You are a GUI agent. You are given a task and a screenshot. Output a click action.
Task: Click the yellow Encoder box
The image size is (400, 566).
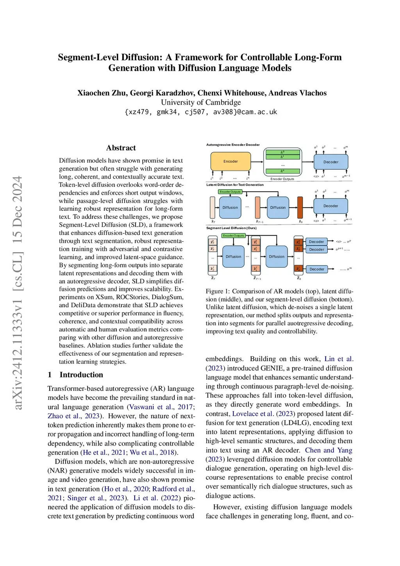point(230,161)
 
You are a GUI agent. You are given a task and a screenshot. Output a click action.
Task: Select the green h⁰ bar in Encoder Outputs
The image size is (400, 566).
point(282,152)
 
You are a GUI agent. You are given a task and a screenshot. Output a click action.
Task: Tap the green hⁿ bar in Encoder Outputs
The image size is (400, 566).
point(282,171)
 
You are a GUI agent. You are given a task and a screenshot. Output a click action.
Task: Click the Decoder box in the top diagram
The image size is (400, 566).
point(330,162)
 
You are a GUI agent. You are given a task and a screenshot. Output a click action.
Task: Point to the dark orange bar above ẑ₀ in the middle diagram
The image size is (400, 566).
point(300,208)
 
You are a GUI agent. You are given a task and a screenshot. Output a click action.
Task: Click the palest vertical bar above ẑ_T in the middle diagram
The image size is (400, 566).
point(212,208)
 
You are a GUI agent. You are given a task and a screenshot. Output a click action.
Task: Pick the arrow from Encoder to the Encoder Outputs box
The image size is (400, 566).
point(257,161)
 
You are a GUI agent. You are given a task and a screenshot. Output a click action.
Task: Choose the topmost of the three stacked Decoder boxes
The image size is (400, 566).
point(316,242)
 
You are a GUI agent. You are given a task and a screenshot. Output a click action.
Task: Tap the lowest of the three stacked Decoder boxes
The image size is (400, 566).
point(316,269)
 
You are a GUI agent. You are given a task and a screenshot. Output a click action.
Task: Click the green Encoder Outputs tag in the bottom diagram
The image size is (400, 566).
point(233,236)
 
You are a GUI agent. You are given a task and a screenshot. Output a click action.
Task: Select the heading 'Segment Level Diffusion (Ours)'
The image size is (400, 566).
point(231,228)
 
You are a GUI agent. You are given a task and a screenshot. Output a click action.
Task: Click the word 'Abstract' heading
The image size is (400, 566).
point(121,148)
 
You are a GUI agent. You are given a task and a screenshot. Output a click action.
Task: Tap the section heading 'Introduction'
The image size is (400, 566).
point(81,375)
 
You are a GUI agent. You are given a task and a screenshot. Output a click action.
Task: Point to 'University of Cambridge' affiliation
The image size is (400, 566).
point(201,102)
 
